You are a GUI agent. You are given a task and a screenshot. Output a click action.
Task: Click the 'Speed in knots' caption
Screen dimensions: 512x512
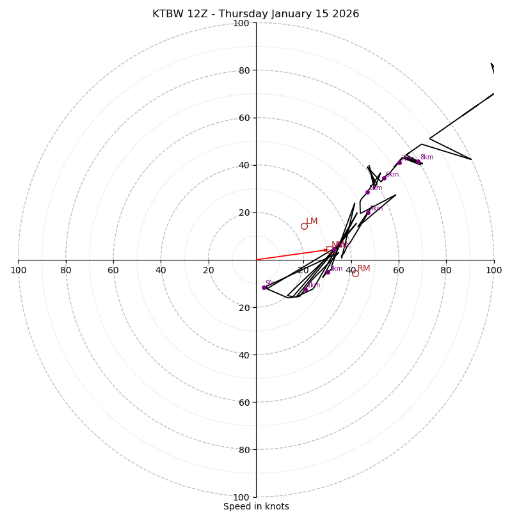click(256, 506)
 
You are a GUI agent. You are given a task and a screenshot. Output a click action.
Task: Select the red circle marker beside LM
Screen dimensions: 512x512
click(304, 226)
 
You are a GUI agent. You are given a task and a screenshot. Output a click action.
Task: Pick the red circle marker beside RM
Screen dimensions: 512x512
click(355, 273)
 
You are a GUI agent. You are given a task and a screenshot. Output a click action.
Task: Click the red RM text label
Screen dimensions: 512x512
click(364, 269)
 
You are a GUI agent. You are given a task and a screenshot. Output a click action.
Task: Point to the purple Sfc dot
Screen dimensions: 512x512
click(264, 287)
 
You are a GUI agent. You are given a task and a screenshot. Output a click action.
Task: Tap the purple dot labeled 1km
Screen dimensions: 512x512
click(305, 290)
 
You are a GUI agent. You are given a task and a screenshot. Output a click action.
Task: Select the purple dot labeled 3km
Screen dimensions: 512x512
click(334, 250)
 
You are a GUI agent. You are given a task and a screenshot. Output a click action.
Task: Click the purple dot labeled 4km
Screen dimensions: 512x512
click(367, 212)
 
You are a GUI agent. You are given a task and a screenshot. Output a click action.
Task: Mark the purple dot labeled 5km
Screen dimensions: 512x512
click(367, 192)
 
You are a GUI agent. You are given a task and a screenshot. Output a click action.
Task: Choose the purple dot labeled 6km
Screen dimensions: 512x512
click(384, 178)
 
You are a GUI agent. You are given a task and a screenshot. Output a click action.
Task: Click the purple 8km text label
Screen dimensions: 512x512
click(426, 157)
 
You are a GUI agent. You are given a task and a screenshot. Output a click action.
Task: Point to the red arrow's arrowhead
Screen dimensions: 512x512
click(326, 250)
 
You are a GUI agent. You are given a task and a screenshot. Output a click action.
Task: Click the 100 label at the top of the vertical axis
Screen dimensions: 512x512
click(241, 23)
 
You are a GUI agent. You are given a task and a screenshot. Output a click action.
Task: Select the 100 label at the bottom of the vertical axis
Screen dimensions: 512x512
click(241, 497)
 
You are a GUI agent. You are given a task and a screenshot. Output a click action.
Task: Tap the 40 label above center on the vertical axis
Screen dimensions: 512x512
click(244, 165)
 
